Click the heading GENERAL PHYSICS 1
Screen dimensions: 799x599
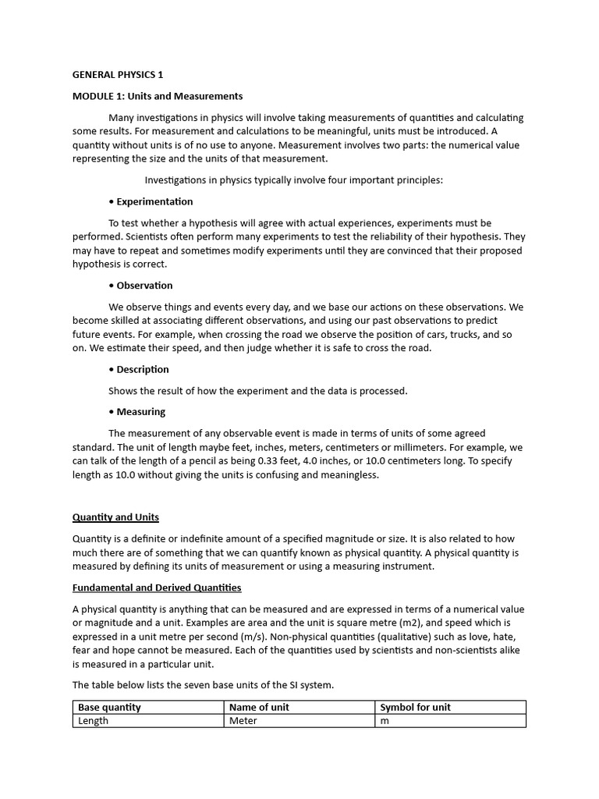point(118,75)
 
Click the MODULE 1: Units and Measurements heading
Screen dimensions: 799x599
point(158,96)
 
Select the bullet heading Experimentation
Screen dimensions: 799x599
point(154,201)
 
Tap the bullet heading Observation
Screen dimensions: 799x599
point(144,286)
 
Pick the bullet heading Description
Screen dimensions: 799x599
point(143,369)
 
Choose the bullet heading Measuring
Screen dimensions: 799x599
point(140,411)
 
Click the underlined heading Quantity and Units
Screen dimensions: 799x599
point(115,517)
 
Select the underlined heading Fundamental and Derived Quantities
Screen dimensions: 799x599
point(157,588)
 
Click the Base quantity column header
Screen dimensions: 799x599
point(109,708)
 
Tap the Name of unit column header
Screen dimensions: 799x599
point(260,708)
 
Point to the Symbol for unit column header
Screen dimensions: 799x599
point(415,708)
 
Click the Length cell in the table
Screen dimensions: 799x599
point(93,721)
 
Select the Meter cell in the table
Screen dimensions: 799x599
point(243,721)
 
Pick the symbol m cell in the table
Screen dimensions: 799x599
point(385,721)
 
